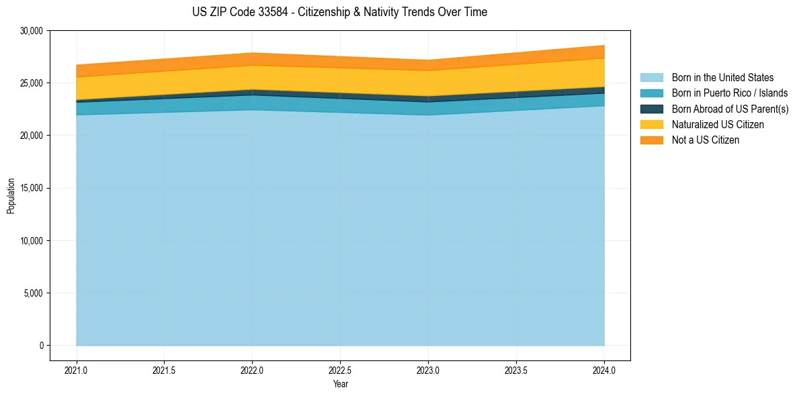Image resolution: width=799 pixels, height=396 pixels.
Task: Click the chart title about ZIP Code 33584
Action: click(339, 12)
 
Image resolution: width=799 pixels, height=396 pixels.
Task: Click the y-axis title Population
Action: click(11, 196)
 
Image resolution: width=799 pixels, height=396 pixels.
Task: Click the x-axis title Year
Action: click(340, 385)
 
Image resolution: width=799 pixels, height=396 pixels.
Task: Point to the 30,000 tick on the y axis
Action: click(31, 31)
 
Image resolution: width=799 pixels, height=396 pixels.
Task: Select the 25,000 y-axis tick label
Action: click(31, 83)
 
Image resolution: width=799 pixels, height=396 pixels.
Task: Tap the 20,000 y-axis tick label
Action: click(31, 136)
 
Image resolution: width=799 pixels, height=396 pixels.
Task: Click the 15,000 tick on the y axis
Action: click(31, 188)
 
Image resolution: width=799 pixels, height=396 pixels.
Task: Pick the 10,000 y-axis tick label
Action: click(31, 241)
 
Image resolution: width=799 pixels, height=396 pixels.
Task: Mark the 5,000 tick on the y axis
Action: click(33, 293)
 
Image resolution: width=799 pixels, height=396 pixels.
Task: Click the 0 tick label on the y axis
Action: click(41, 346)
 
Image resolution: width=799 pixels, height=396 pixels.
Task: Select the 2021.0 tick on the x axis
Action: click(77, 370)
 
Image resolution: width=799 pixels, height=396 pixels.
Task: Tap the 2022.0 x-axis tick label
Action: click(252, 370)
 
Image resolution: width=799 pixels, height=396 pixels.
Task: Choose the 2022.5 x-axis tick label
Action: click(340, 370)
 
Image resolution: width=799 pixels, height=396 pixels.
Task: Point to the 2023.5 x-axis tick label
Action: click(516, 370)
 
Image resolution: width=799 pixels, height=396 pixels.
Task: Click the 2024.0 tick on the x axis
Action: click(604, 370)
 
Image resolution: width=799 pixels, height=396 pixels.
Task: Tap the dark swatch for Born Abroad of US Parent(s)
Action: click(651, 109)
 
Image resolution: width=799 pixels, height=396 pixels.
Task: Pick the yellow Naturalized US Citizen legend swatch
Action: click(651, 125)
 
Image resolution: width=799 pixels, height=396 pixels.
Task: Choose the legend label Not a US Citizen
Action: click(705, 140)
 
